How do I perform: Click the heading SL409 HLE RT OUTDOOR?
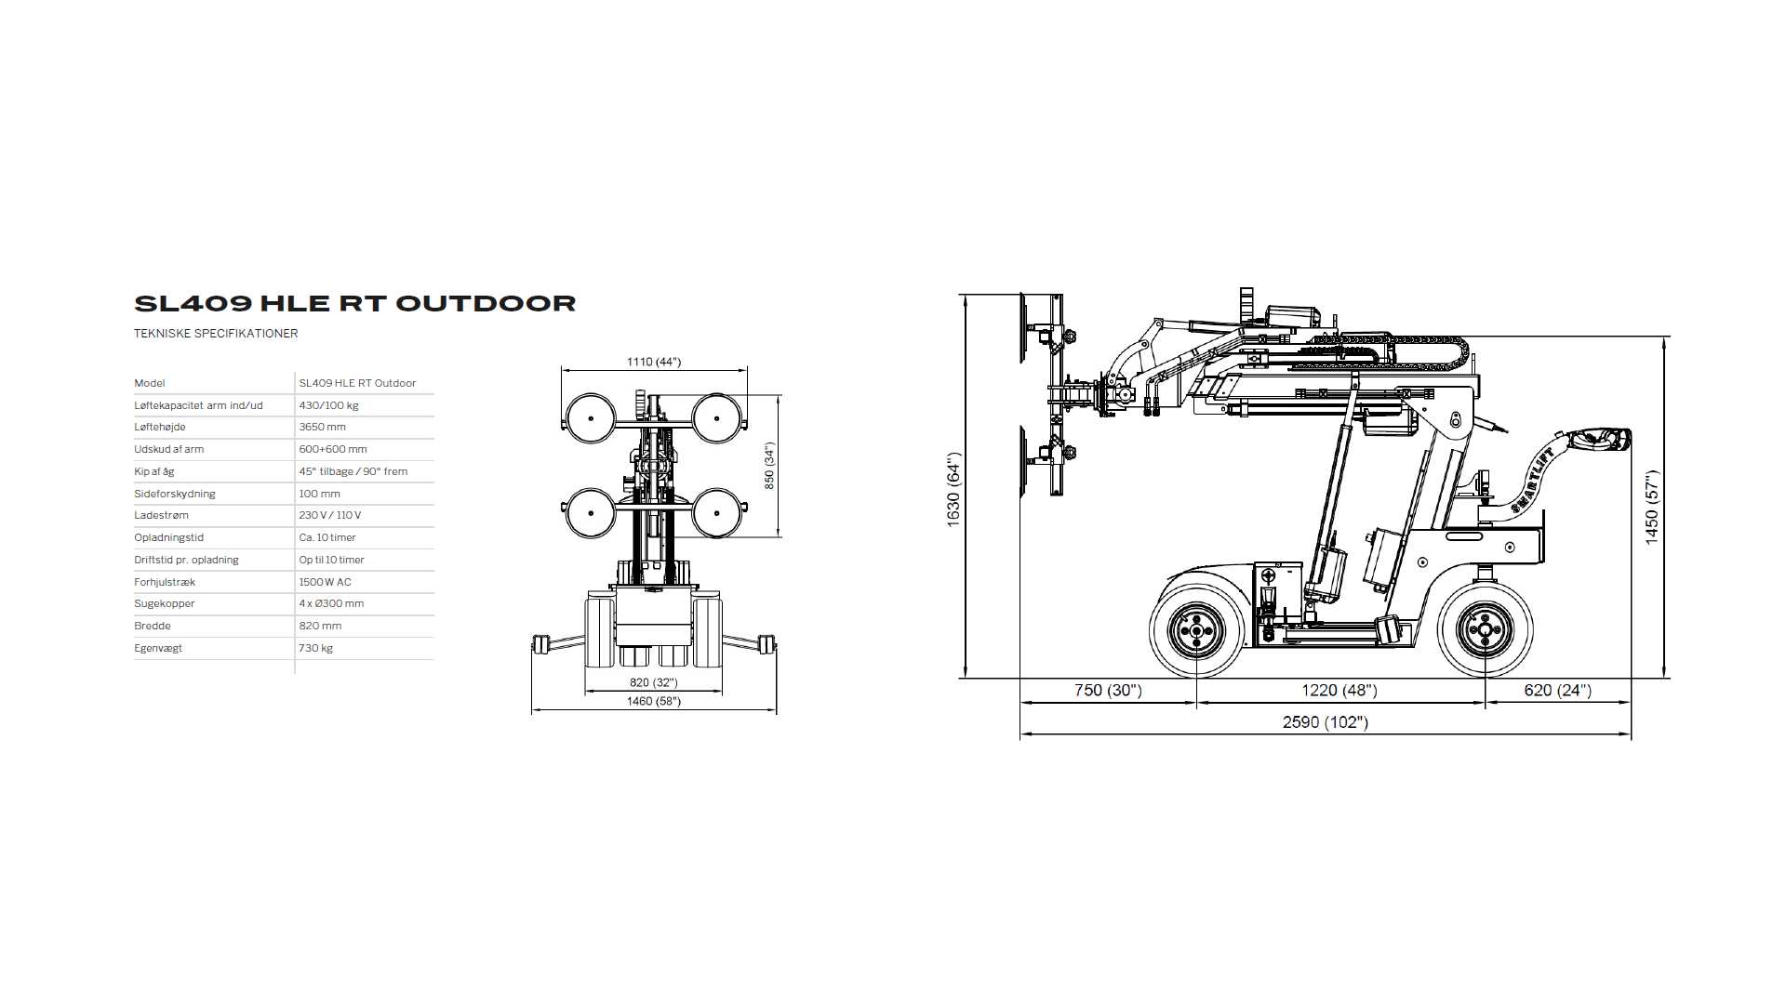click(354, 304)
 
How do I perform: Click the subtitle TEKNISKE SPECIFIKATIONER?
click(216, 334)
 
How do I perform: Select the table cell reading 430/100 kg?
click(328, 405)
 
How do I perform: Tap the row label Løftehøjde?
click(160, 427)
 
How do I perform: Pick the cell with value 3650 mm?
click(322, 427)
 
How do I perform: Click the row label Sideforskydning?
click(175, 494)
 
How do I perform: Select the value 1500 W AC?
click(325, 582)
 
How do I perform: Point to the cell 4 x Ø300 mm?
click(331, 603)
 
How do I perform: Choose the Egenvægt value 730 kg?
click(315, 648)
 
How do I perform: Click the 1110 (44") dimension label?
click(653, 362)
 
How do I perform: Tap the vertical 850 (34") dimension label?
click(769, 466)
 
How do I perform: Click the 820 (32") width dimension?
click(653, 682)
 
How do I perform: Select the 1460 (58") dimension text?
click(653, 701)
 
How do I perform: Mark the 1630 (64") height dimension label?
click(953, 490)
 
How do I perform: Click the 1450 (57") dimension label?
click(1651, 507)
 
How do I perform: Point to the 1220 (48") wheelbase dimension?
click(1339, 690)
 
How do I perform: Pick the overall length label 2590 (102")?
click(1325, 722)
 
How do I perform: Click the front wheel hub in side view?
click(1196, 630)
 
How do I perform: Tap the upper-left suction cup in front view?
click(591, 418)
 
